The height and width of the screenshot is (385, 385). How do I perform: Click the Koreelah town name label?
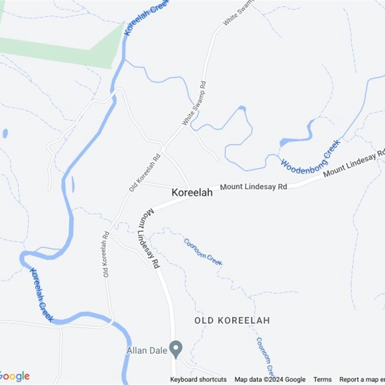(192, 192)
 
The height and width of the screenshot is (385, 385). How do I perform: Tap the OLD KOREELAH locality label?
(232, 321)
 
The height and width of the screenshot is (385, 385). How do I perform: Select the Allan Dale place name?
(147, 350)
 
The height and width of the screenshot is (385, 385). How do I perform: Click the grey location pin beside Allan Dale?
(176, 349)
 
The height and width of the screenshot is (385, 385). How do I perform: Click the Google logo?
(14, 376)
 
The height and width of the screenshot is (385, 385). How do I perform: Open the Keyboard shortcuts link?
(198, 379)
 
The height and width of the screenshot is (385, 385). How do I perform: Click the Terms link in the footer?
(322, 379)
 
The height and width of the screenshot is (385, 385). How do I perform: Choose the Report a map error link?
(362, 379)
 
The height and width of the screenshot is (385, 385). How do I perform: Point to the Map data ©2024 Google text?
(270, 379)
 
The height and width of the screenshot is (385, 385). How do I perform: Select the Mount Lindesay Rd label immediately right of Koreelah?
(254, 186)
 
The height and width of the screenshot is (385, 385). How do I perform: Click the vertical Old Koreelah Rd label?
(106, 255)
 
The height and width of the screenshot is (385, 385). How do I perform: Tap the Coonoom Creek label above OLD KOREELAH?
(203, 252)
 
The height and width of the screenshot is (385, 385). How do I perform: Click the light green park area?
(63, 48)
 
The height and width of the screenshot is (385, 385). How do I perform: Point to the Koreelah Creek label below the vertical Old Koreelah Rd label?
(41, 295)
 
